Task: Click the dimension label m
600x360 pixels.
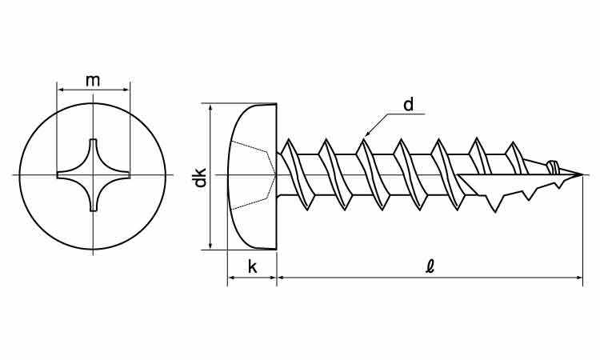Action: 93,81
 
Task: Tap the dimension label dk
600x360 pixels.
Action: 201,177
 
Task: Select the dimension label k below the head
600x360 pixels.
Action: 252,266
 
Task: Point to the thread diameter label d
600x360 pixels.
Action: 409,105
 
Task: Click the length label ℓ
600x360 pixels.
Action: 430,266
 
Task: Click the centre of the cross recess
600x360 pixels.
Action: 93,175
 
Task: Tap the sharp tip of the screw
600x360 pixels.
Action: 582,175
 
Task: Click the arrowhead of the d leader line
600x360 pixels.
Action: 366,134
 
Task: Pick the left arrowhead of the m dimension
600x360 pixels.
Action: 60,90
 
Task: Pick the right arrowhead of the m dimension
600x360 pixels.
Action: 126,90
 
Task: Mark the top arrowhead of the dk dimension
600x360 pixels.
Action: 210,107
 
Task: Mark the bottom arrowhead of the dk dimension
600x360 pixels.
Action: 210,246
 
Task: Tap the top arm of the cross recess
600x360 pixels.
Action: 93,153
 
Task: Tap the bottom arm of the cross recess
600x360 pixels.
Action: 93,196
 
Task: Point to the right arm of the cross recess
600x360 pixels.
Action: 114,175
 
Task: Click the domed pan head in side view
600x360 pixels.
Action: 252,176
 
